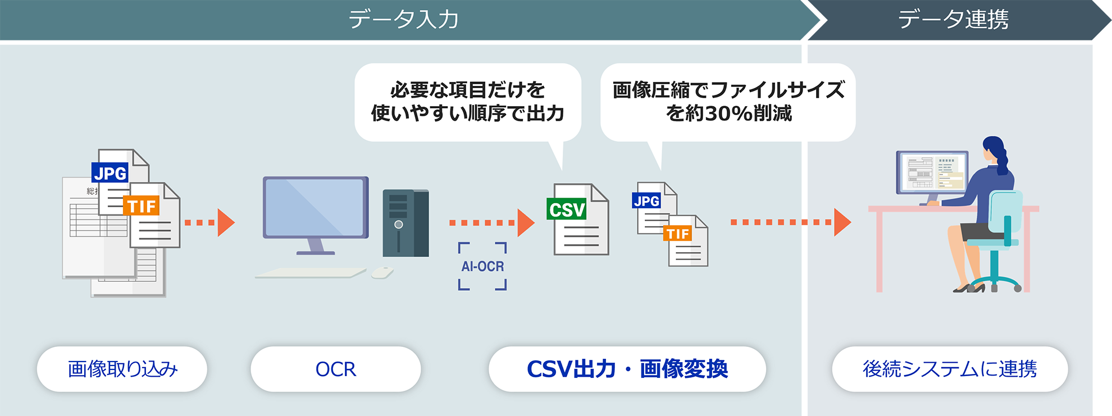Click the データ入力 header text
tap(403, 20)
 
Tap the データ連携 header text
tap(953, 20)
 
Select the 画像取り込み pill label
tap(122, 369)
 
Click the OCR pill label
tap(336, 369)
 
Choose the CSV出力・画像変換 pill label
tap(627, 369)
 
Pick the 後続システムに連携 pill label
tap(950, 369)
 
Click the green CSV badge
tap(567, 209)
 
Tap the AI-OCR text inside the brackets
tap(482, 266)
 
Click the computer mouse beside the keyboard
tap(382, 273)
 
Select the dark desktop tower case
tap(405, 223)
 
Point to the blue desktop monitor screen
tap(315, 207)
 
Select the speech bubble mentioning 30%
tap(728, 102)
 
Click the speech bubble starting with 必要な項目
tap(467, 102)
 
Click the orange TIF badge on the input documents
tap(142, 206)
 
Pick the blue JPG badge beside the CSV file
tap(646, 201)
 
